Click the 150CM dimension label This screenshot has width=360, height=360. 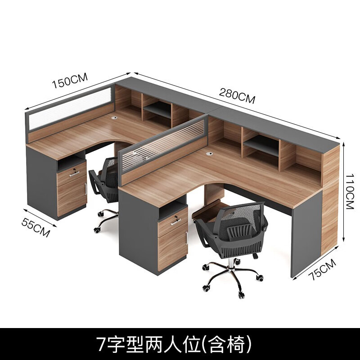click(x=69, y=83)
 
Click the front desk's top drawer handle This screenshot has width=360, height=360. click(x=176, y=221)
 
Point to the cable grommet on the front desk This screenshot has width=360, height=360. click(x=210, y=154)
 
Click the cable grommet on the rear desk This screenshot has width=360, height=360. click(x=114, y=117)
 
